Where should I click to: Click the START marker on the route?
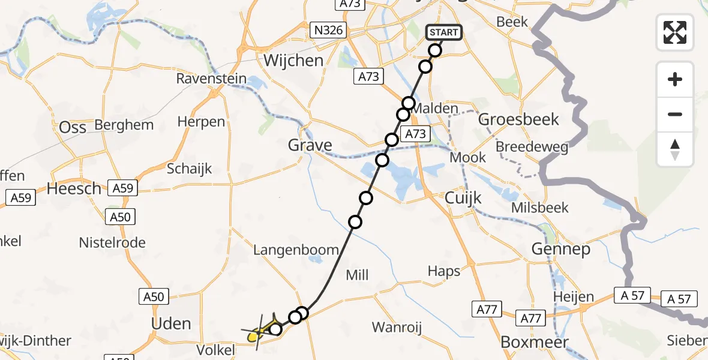[444, 32]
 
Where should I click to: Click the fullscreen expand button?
[675, 32]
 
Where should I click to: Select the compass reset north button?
[675, 149]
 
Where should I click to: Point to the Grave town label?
[310, 145]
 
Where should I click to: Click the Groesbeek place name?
[518, 119]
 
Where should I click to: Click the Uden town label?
[172, 324]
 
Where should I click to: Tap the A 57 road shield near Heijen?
[631, 295]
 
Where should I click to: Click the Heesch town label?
[74, 189]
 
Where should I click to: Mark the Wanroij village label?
[397, 328]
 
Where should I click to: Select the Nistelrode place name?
[112, 243]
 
